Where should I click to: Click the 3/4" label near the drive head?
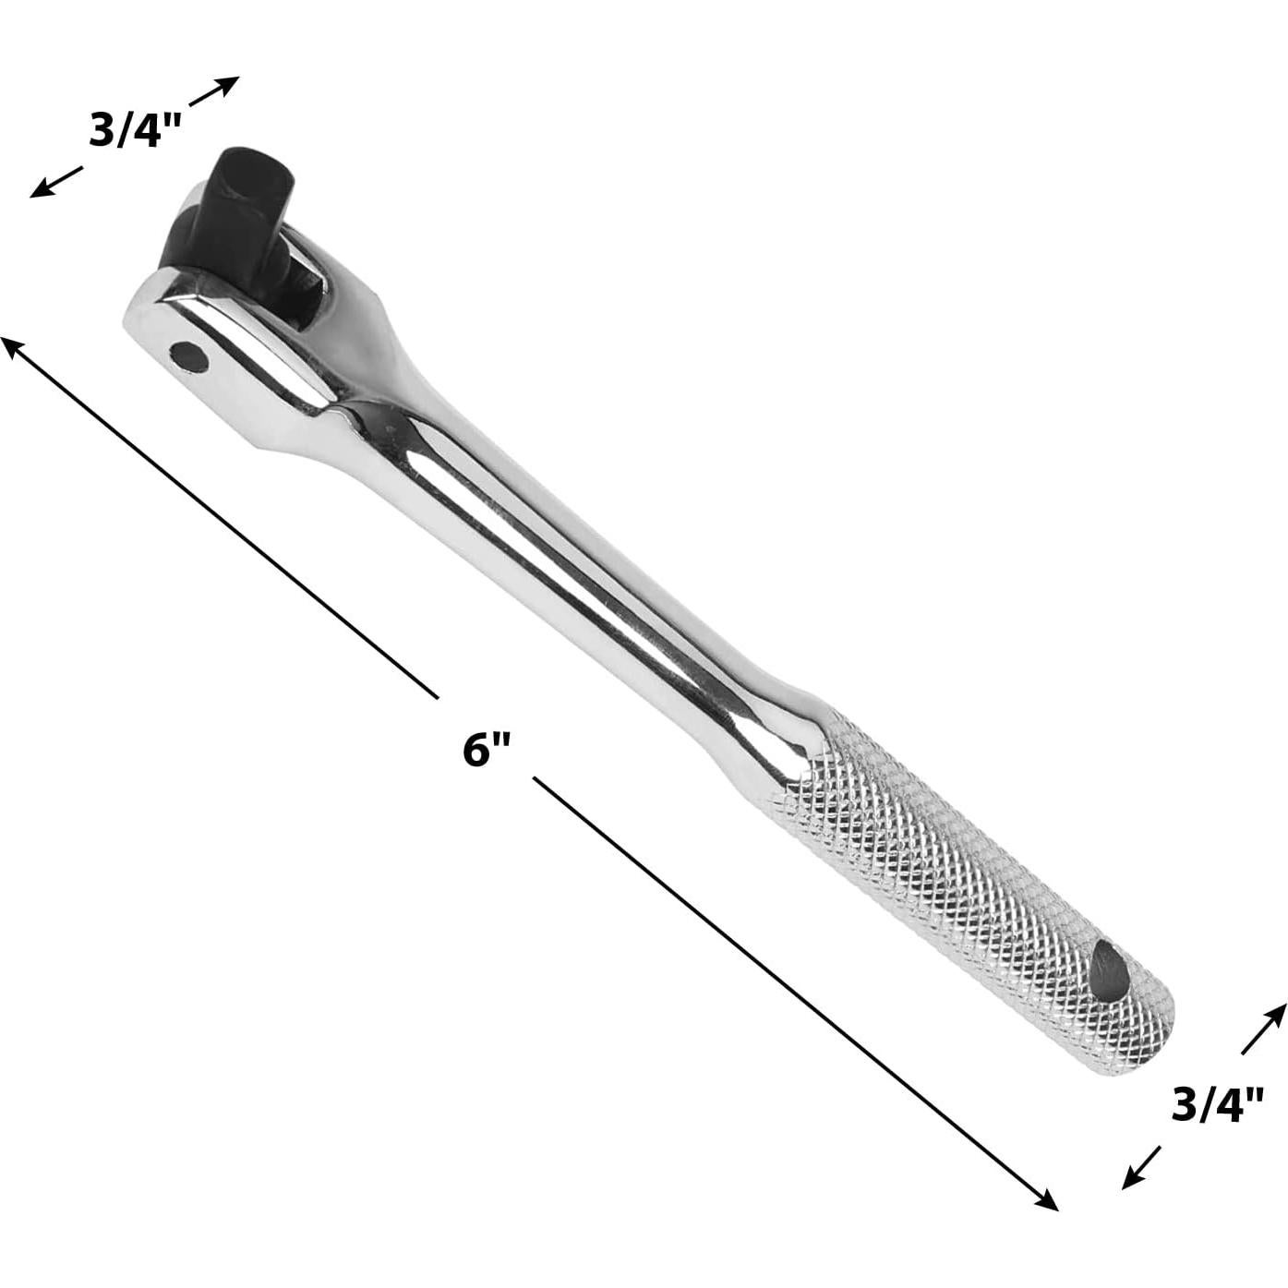pos(133,130)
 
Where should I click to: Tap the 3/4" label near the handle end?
pos(1216,1104)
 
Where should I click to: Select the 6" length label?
pos(487,749)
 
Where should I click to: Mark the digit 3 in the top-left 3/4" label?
pos(100,130)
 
